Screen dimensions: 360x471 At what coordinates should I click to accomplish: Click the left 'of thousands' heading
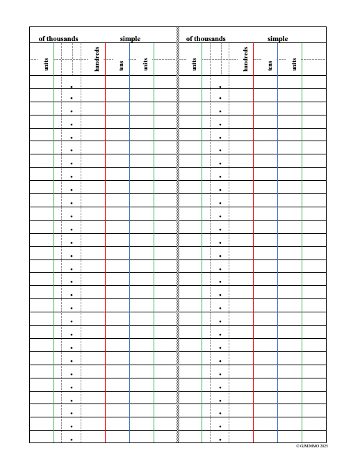point(58,39)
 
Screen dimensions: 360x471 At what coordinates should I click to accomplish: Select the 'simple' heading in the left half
point(130,39)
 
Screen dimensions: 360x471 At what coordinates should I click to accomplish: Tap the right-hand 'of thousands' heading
point(206,39)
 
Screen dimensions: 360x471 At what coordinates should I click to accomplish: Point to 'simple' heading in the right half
point(277,39)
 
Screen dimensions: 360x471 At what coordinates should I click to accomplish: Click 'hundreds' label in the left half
point(97,59)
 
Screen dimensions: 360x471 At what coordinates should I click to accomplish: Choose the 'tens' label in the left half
point(122,65)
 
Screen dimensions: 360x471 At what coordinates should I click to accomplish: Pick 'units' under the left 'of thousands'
point(47,65)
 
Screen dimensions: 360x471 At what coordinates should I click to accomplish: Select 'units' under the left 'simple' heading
point(146,65)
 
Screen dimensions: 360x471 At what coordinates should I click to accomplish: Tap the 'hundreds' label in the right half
point(245,59)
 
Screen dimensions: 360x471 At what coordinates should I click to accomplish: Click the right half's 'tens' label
point(270,65)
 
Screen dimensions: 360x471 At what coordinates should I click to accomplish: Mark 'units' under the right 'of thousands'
point(195,65)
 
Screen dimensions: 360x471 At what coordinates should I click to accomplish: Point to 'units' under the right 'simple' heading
point(295,65)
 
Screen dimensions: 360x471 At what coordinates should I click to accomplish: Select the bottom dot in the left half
point(72,440)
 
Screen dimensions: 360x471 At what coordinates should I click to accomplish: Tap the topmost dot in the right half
point(220,87)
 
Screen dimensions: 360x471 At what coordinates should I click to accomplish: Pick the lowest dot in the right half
point(220,440)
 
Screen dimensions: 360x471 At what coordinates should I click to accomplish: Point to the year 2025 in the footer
point(323,446)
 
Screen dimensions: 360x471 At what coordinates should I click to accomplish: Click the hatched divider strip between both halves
point(178,237)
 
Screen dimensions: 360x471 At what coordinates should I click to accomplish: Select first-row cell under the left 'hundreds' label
point(93,82)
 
